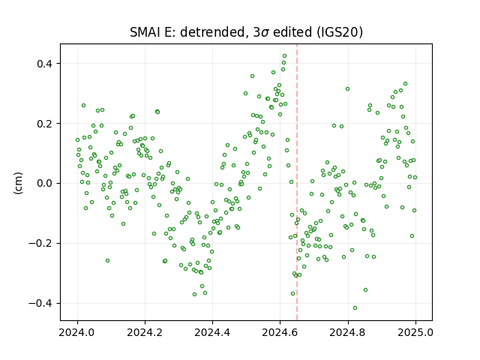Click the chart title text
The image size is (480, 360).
pyautogui.click(x=246, y=32)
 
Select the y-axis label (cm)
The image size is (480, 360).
pyautogui.click(x=18, y=183)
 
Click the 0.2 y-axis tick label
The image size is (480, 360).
pyautogui.click(x=45, y=124)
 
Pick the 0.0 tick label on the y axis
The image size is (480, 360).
pyautogui.click(x=45, y=184)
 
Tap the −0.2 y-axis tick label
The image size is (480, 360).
pyautogui.click(x=41, y=244)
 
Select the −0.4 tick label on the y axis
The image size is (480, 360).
pyautogui.click(x=41, y=304)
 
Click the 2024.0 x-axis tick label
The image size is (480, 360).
pyautogui.click(x=77, y=332)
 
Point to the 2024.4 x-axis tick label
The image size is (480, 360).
pyautogui.click(x=212, y=332)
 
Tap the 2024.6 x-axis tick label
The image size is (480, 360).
pyautogui.click(x=280, y=332)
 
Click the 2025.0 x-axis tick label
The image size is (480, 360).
pyautogui.click(x=415, y=332)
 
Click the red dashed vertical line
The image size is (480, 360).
pyautogui.click(x=297, y=182)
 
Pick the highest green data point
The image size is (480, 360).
pyautogui.click(x=284, y=56)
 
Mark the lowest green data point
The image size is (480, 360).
pyautogui.click(x=355, y=308)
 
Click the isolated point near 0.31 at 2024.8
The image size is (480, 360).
pyautogui.click(x=347, y=89)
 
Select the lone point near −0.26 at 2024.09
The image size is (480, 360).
pyautogui.click(x=107, y=261)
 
